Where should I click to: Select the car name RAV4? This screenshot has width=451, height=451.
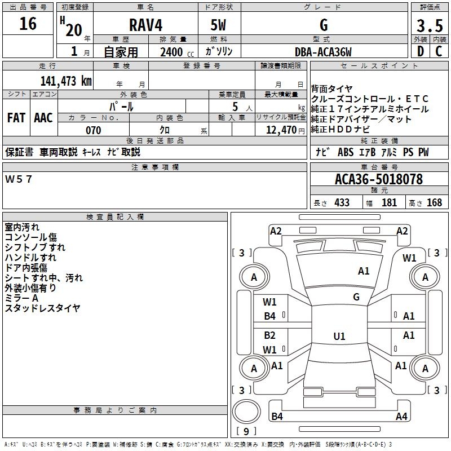click(x=145, y=25)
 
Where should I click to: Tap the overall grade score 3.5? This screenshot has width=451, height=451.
click(x=430, y=26)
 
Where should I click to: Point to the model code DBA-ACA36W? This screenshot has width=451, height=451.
click(x=323, y=52)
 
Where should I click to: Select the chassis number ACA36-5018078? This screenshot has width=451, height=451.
click(x=378, y=179)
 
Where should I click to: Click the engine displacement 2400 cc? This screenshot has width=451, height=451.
click(x=171, y=52)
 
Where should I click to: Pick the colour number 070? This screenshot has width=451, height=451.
click(x=93, y=130)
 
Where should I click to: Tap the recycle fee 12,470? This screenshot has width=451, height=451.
click(x=280, y=130)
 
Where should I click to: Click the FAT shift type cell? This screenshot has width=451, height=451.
click(x=16, y=118)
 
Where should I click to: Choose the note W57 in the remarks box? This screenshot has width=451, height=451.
click(x=19, y=179)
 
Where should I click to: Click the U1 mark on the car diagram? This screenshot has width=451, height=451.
click(x=339, y=337)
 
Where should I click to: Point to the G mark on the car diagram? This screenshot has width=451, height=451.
click(x=356, y=297)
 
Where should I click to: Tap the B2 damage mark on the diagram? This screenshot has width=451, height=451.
click(x=270, y=335)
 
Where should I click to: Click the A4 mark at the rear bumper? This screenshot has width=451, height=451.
click(x=401, y=417)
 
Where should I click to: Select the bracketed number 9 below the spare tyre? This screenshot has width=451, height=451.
click(x=246, y=431)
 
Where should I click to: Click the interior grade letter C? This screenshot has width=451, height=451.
click(x=439, y=51)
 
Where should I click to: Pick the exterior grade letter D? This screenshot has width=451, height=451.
click(x=420, y=51)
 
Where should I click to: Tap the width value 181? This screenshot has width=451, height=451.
click(x=389, y=202)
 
